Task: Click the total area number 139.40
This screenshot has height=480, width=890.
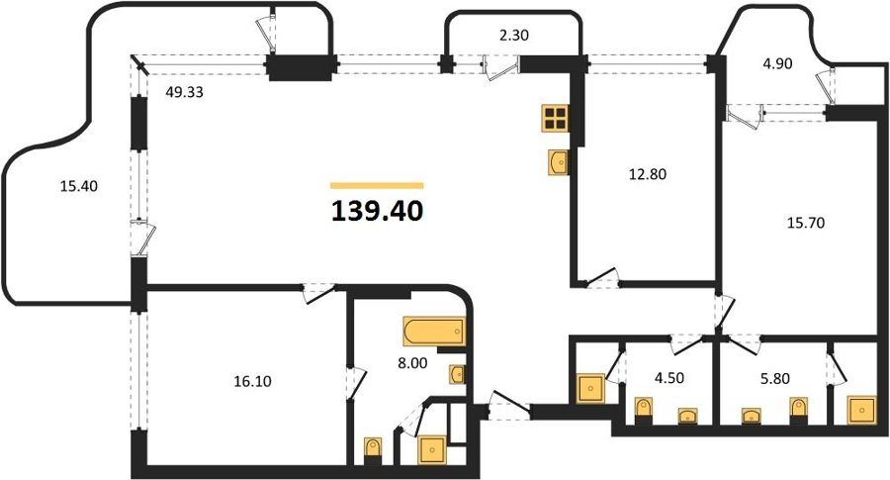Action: (378, 212)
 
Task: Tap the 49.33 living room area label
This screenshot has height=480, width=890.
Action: (184, 91)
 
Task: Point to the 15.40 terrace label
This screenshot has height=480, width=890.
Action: (79, 186)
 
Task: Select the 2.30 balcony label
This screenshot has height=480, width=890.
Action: (513, 36)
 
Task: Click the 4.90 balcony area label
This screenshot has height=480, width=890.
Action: (777, 63)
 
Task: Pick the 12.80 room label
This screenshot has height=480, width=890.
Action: (647, 174)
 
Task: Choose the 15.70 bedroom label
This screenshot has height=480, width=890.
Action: (805, 223)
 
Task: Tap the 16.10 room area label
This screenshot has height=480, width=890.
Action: (252, 381)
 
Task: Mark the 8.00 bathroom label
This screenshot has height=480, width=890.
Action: (412, 363)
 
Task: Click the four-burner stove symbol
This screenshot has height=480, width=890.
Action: (555, 118)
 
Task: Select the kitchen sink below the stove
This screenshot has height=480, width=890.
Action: (560, 162)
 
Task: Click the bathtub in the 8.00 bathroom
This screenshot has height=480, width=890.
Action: (434, 332)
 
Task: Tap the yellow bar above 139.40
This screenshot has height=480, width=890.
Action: (377, 185)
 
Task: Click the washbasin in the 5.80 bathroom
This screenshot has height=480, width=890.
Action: (752, 416)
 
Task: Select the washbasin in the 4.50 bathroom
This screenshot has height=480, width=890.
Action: (688, 416)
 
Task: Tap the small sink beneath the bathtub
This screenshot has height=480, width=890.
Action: (458, 375)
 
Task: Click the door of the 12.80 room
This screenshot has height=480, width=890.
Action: (601, 279)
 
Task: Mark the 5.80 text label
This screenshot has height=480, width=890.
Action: (775, 378)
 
